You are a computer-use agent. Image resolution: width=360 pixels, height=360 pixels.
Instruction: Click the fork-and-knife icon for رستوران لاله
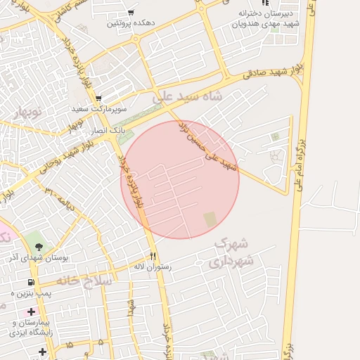click(153, 256)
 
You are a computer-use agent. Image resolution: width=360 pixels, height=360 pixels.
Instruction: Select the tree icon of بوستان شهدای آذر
click(38, 246)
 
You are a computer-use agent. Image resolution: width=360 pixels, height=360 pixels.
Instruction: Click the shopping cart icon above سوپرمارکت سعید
click(98, 98)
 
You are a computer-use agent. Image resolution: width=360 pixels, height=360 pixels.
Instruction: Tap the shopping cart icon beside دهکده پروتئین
click(131, 13)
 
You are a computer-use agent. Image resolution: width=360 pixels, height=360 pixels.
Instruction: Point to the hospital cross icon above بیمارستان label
click(31, 311)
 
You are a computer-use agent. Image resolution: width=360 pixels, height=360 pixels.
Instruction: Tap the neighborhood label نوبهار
click(28, 113)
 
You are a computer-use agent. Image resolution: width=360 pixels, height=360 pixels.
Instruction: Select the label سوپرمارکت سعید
click(98, 110)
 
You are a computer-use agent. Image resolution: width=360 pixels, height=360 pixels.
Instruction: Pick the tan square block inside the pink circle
click(211, 220)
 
